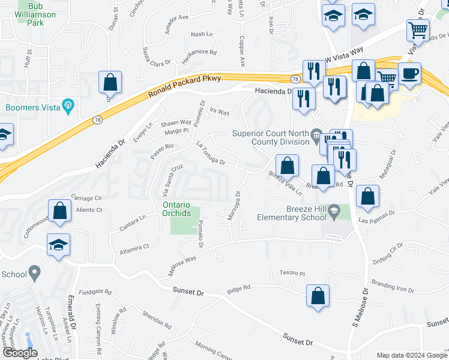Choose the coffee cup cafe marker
coord(409,74)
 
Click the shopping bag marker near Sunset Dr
coord(318,296)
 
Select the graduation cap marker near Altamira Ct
coord(59,245)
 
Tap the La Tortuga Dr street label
coord(211,153)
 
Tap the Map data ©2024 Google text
coord(411,355)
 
